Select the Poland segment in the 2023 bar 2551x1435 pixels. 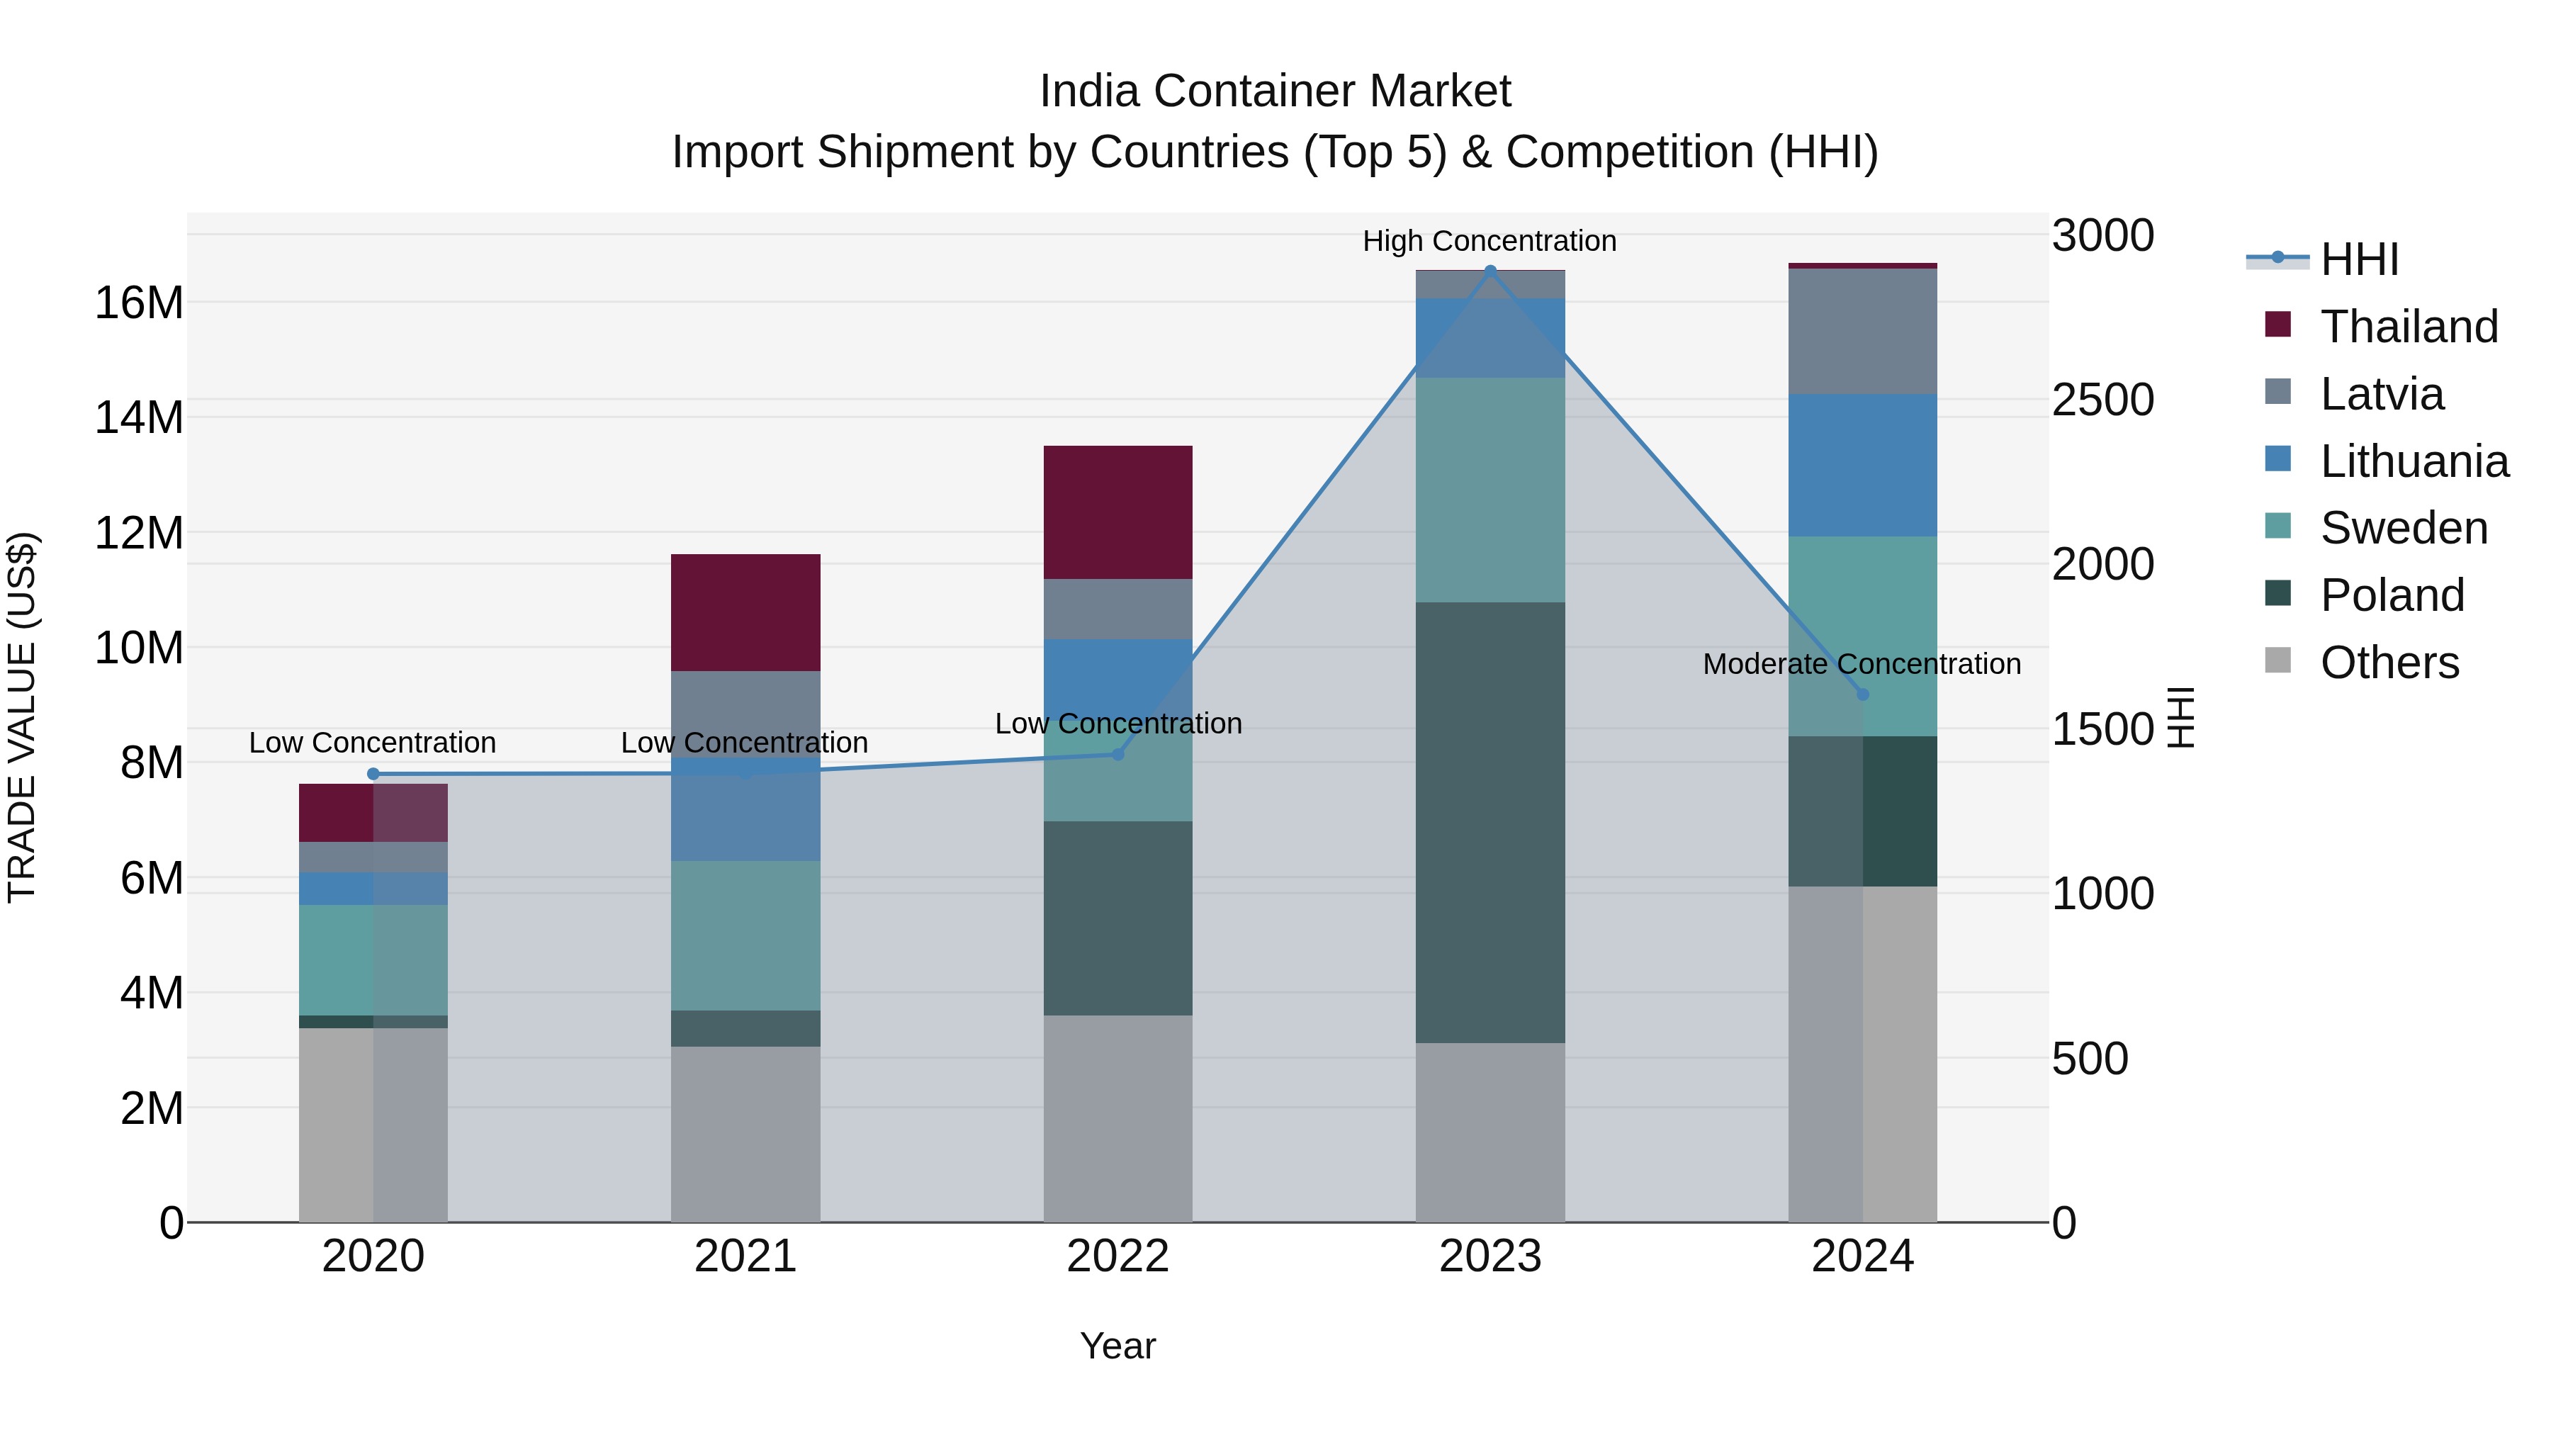point(1490,822)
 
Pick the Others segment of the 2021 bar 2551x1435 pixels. point(745,1134)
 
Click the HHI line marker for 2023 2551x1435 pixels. point(1490,271)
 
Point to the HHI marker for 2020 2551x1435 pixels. point(373,775)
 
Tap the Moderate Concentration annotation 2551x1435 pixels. point(1861,663)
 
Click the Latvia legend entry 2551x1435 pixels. point(2381,394)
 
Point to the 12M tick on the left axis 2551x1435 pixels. point(139,533)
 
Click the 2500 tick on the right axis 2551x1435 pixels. point(2102,400)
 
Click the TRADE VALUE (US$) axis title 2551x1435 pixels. point(22,717)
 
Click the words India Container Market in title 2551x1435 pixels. point(1275,91)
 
